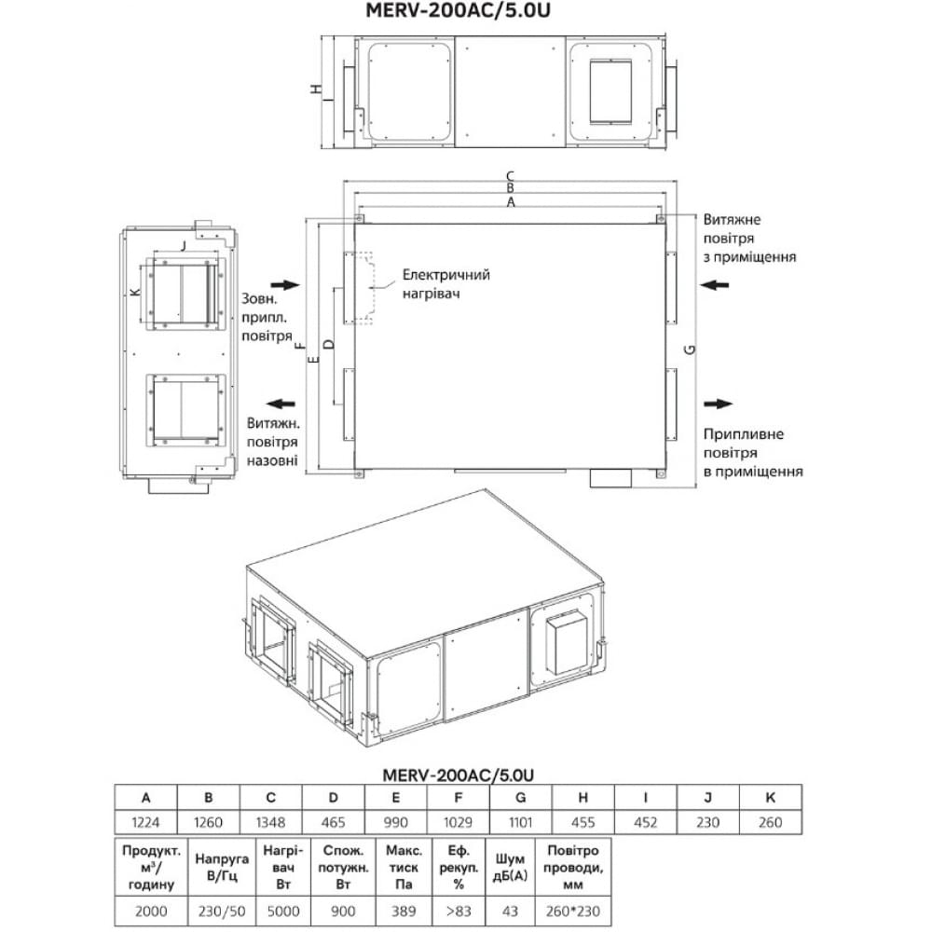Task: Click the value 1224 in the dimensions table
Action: [x=145, y=822]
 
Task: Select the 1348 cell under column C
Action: [x=270, y=822]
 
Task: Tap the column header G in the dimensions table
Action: [x=521, y=798]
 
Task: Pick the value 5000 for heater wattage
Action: [x=283, y=911]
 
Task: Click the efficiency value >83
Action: [x=459, y=911]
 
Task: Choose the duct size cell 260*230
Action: [x=572, y=911]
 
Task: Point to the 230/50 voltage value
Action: [x=221, y=911]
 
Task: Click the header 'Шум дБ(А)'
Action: [x=510, y=867]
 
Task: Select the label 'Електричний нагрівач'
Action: [x=445, y=283]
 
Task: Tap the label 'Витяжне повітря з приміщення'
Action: [x=749, y=239]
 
